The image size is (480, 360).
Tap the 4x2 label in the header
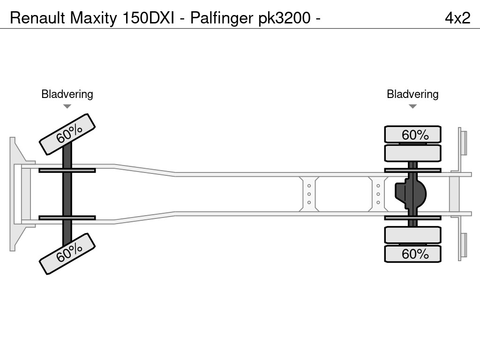tap(457, 18)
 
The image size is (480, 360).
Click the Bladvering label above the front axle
tap(67, 94)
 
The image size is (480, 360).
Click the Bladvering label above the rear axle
tap(412, 94)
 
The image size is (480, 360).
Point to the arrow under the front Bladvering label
tap(67, 106)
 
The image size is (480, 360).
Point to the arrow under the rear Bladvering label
tap(412, 106)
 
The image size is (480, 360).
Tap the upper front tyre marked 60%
tap(67, 134)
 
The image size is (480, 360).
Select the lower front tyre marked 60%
tap(67, 254)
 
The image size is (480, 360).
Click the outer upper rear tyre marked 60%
tap(412, 135)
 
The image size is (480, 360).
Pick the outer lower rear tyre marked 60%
tap(412, 254)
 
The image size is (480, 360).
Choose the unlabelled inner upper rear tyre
tap(412, 153)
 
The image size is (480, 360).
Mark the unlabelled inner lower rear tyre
tap(412, 235)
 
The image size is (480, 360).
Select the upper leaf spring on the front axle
tap(67, 170)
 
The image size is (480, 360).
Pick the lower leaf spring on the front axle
tap(67, 218)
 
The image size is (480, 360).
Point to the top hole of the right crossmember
tap(378, 186)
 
